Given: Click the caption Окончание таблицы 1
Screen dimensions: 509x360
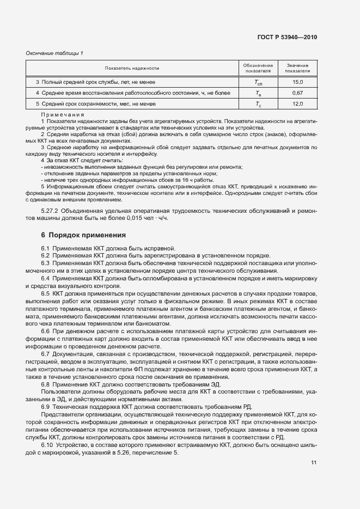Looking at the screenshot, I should tap(54, 53).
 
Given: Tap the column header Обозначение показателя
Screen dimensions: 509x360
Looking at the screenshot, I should tap(258, 68).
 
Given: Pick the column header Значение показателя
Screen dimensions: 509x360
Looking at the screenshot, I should tap(297, 68).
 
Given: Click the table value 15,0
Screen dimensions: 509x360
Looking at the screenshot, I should tap(297, 82).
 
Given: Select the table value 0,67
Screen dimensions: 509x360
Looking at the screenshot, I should tap(297, 93).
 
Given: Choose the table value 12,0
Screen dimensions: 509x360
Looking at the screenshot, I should tap(297, 103).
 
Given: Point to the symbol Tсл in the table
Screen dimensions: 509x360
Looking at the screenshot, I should tap(258, 82).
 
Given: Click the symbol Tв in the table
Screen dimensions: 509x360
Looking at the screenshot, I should tap(258, 93).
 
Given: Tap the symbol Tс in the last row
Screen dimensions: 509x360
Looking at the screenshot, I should tap(258, 104).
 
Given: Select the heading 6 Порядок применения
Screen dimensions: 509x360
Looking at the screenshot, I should tap(83, 235).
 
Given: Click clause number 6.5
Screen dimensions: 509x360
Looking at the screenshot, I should tap(46, 294).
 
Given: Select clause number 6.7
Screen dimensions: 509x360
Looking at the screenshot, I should tap(46, 354).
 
